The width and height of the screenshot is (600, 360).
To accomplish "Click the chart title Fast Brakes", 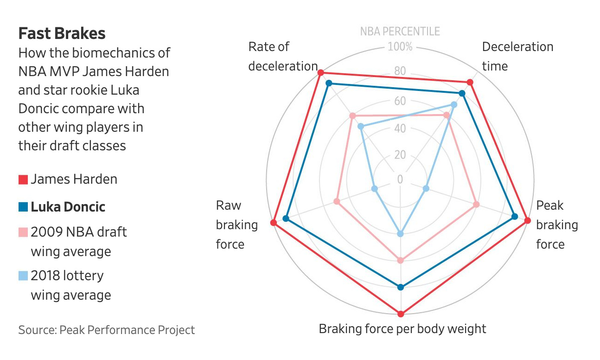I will (x=62, y=33).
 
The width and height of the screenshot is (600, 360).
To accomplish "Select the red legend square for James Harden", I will (x=23, y=180).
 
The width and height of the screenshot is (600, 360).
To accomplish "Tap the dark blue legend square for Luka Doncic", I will (x=23, y=207).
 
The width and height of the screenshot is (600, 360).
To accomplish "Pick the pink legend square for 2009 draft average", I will (x=23, y=232).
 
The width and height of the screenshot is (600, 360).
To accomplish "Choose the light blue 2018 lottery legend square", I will (x=23, y=276).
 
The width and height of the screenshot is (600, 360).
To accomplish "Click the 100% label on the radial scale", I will (x=400, y=47).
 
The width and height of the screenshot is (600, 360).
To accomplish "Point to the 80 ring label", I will (x=400, y=71).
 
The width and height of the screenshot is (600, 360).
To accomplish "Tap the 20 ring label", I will (x=400, y=154).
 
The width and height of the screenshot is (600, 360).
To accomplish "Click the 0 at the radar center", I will (x=400, y=180).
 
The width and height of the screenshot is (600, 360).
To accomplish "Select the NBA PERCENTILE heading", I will (x=400, y=32).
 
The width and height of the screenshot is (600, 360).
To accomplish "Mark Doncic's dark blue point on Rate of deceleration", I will (x=329, y=84).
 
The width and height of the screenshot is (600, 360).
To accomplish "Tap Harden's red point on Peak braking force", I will (x=527, y=221).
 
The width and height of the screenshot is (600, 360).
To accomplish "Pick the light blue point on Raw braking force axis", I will (x=375, y=189).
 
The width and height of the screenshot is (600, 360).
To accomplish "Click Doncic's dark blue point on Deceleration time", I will (x=461, y=94).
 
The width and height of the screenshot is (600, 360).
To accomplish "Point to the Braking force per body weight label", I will (x=402, y=329).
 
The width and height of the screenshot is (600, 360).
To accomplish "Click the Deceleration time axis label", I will (x=517, y=56).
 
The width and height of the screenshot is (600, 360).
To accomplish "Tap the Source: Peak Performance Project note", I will (x=107, y=330).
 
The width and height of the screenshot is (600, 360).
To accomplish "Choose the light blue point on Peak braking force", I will (x=426, y=188).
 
